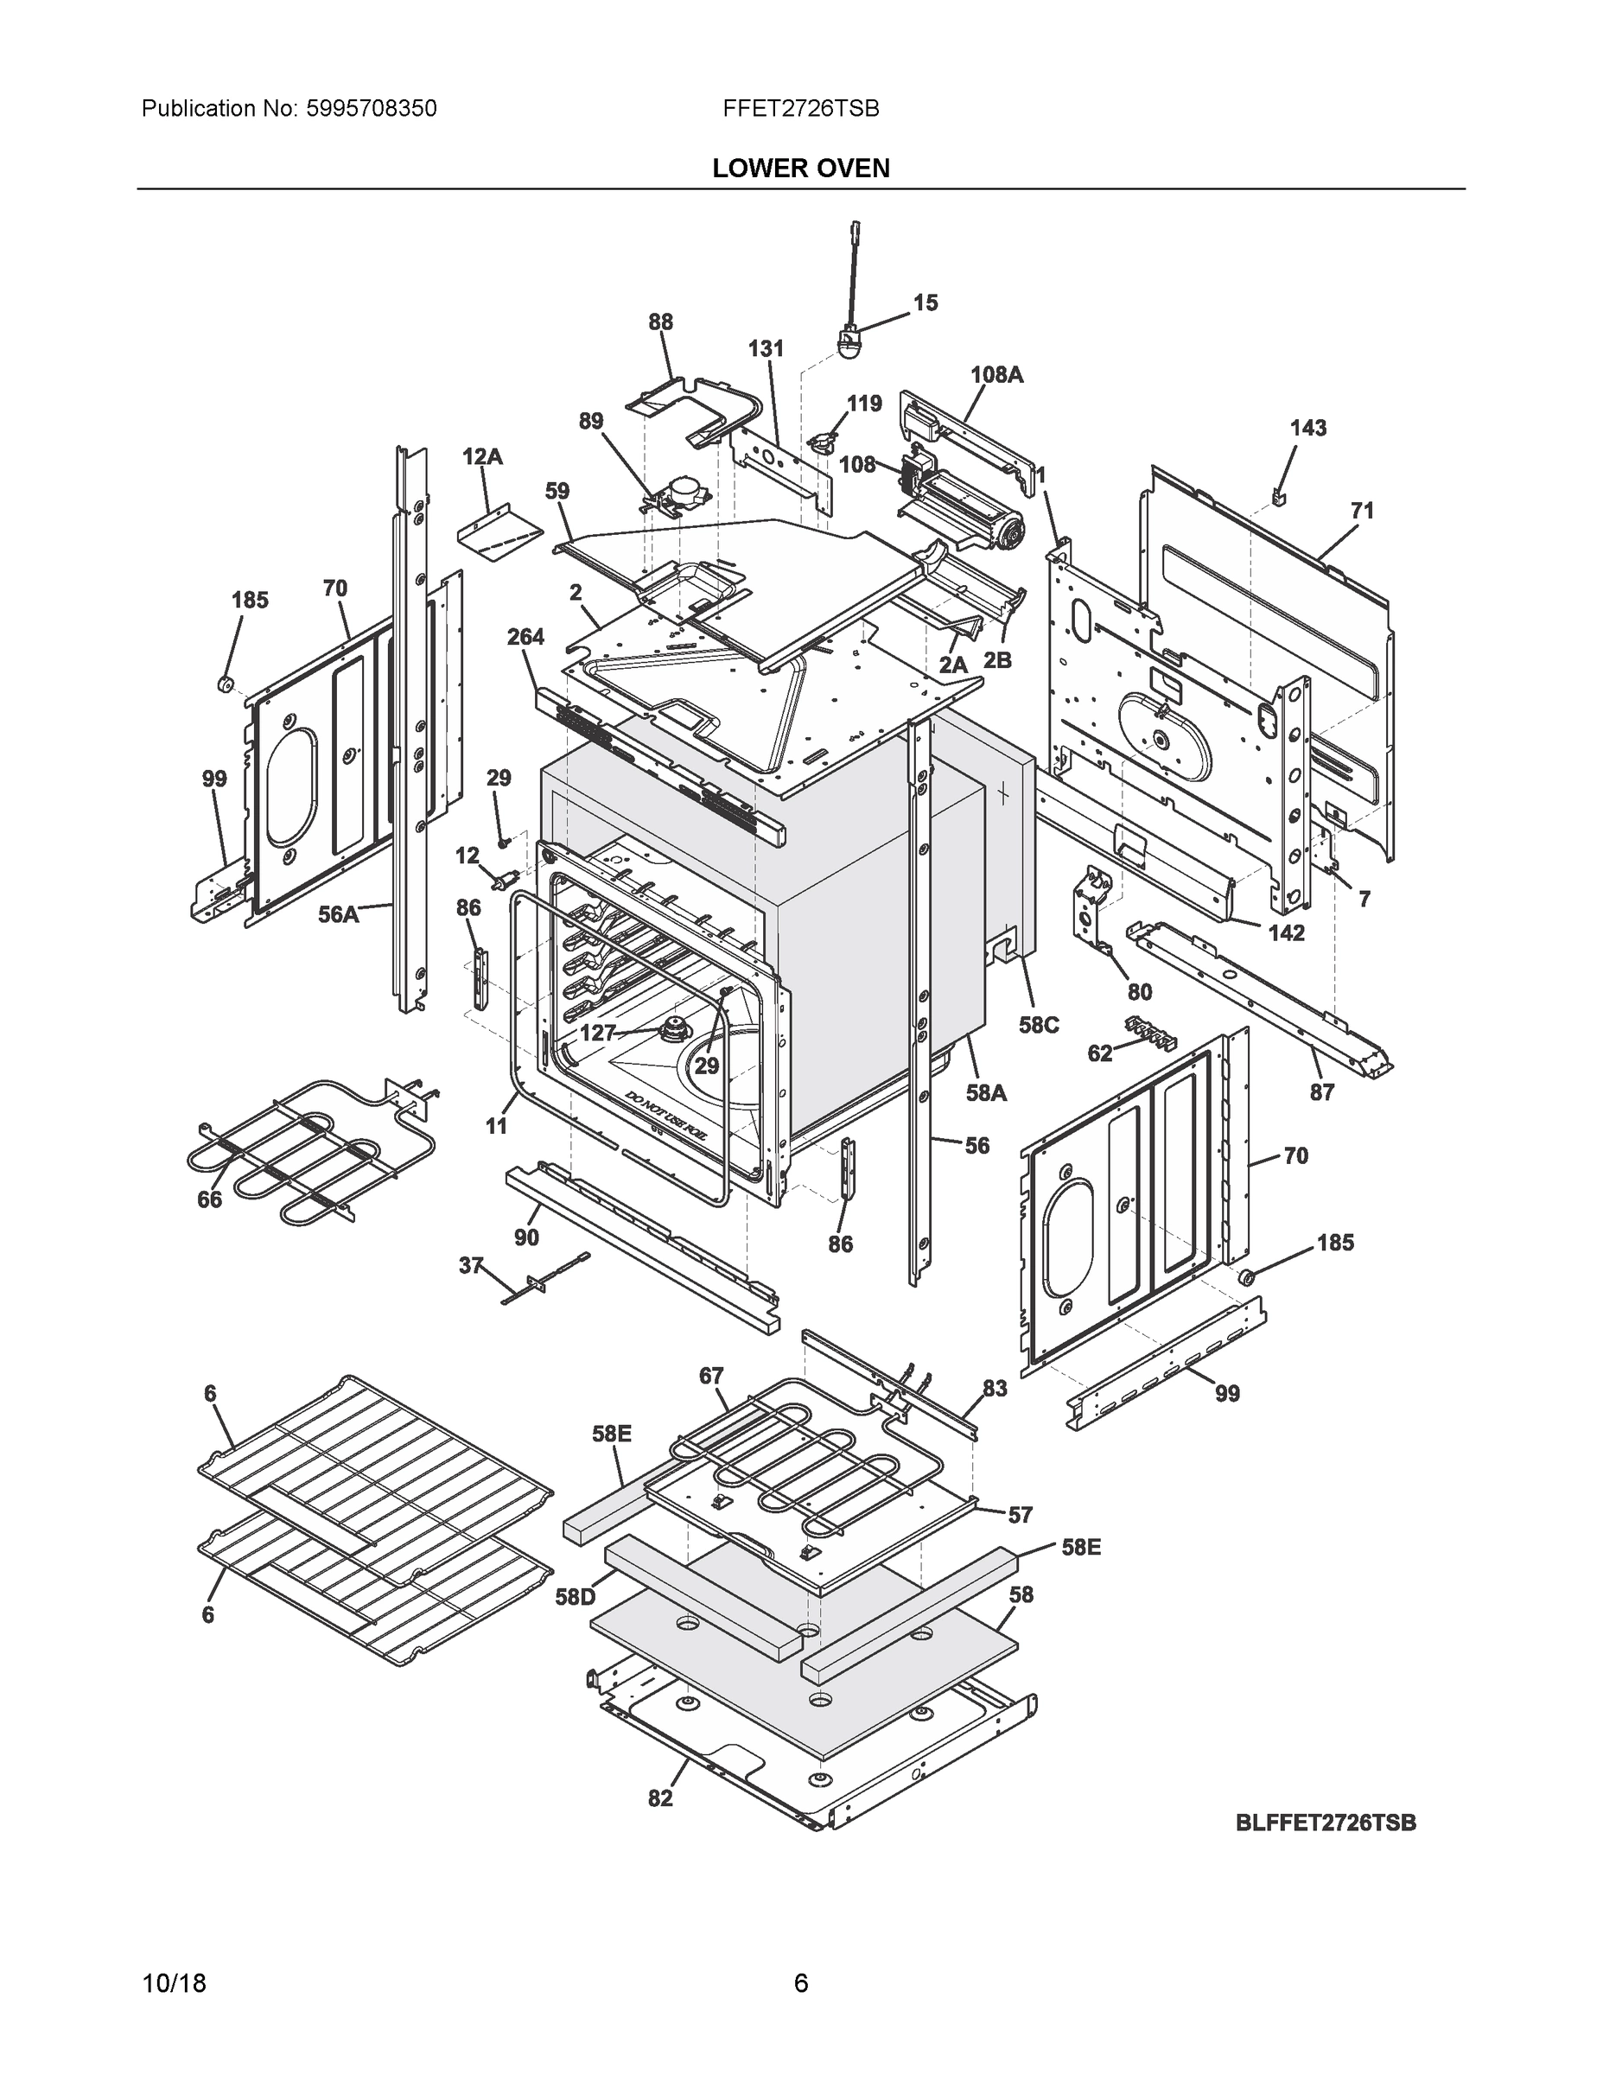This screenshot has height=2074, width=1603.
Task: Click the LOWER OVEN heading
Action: (x=800, y=169)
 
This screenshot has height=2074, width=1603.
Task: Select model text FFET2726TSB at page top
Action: (x=800, y=109)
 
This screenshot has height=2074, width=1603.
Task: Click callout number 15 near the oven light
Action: (x=925, y=303)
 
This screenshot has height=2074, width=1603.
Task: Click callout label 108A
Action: (x=996, y=375)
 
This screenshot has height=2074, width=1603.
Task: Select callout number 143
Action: (x=1307, y=429)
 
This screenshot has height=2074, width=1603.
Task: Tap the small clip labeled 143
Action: (x=1278, y=496)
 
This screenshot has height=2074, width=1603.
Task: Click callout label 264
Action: (x=525, y=637)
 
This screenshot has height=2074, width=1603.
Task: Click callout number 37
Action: (x=471, y=1266)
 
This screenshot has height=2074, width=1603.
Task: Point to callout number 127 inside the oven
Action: (x=597, y=1034)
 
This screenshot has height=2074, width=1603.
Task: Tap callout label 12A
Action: (x=482, y=457)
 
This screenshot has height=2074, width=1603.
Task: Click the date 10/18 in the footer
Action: (x=174, y=1984)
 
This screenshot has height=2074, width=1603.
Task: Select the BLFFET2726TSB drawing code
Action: (x=1326, y=1823)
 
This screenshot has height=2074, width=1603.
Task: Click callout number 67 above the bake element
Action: (x=711, y=1376)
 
